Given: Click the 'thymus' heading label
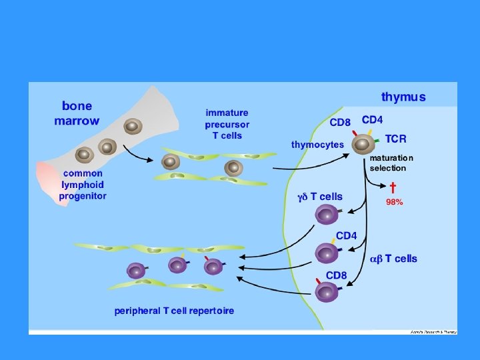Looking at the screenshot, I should (403, 97).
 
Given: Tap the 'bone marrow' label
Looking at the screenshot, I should (77, 113).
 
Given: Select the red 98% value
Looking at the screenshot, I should (394, 201).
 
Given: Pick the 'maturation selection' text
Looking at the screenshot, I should (391, 163).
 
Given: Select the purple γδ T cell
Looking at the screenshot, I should (327, 214).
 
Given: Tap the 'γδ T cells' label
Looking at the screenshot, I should (319, 197).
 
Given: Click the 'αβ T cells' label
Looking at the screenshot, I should (393, 259).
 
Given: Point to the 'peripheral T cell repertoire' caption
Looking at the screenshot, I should (174, 311).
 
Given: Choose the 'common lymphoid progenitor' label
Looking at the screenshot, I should (82, 185).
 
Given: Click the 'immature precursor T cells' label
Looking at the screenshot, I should (227, 124).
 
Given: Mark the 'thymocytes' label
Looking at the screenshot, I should (317, 144).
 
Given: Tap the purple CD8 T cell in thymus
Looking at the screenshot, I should (327, 291).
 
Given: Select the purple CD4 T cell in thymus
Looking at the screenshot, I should (327, 253).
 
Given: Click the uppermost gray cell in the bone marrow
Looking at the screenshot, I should (133, 126).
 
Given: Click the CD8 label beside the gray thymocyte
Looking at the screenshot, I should (340, 123).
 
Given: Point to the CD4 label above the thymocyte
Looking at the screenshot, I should (372, 120).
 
